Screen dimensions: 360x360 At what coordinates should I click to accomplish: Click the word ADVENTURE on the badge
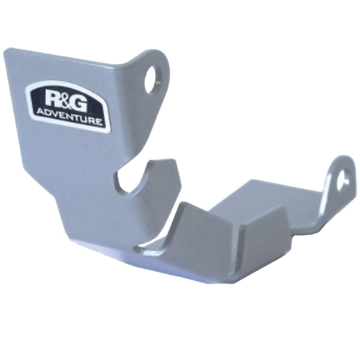(x=69, y=116)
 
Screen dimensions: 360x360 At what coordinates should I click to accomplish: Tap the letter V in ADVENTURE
(x=56, y=114)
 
